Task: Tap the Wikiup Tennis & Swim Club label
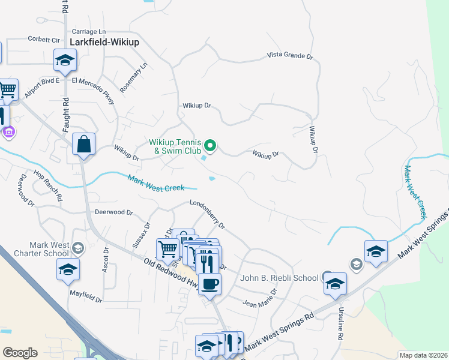point(175,146)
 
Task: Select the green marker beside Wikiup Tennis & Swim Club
point(210,145)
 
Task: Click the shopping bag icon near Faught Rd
point(83,144)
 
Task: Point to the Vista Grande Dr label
point(291,56)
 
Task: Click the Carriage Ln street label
point(88,31)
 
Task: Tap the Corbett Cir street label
point(44,39)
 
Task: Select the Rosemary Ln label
point(133,77)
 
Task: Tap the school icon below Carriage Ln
point(65,60)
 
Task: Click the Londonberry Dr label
point(207,214)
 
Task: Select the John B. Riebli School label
point(279,278)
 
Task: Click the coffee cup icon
point(209,283)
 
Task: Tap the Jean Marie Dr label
point(260,298)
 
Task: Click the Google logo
point(20,353)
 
